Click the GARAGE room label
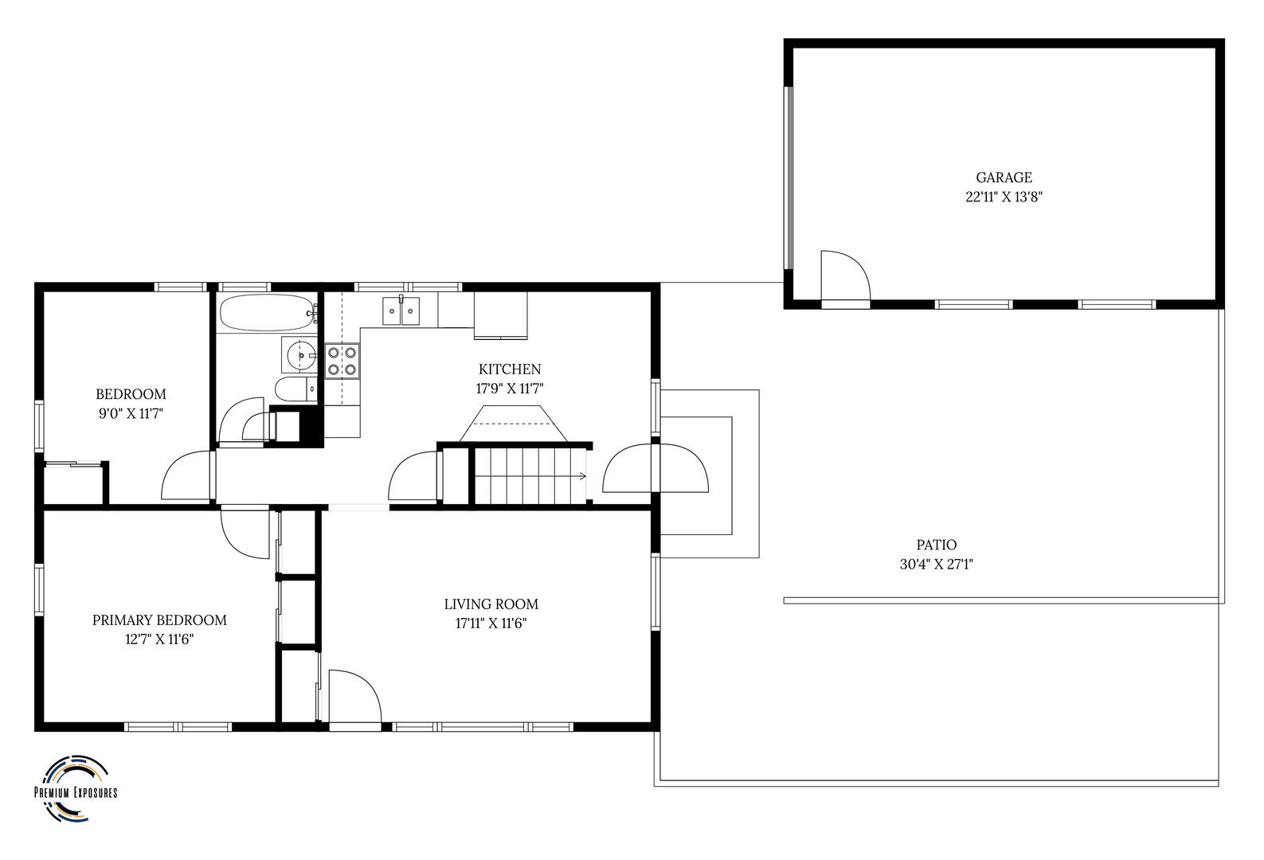point(1004,178)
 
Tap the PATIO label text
point(936,545)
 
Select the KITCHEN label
point(510,369)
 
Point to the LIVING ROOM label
point(491,604)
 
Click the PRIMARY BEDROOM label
point(160,620)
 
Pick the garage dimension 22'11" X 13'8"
point(1004,197)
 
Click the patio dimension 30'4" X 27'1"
point(937,565)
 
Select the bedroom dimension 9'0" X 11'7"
point(131,413)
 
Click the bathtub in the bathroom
point(268,312)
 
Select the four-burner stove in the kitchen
point(342,362)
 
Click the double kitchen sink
point(401,311)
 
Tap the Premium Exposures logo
point(76,788)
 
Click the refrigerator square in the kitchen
point(500,315)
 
